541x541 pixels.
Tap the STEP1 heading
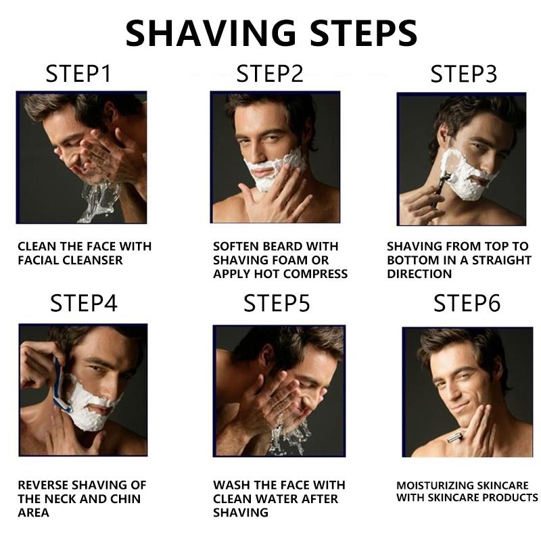[x=78, y=74]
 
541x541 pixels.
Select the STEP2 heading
[x=270, y=74]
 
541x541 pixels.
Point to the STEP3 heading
[x=463, y=74]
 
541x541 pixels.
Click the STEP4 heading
[x=84, y=303]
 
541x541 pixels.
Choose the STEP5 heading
[x=277, y=303]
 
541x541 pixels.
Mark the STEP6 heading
[x=467, y=303]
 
